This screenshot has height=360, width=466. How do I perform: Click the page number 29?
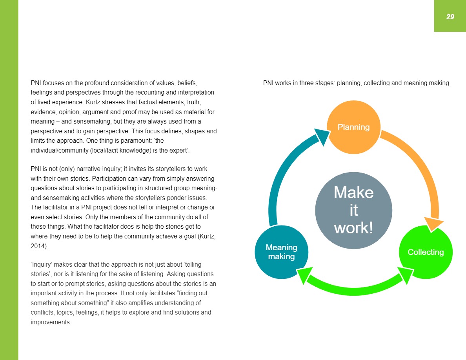coord(450,16)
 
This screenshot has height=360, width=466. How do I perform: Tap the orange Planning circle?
coord(354,127)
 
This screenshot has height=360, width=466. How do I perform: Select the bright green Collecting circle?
coord(426,252)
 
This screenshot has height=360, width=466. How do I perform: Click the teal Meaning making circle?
coord(281,252)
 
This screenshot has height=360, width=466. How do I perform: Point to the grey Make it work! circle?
coord(353,210)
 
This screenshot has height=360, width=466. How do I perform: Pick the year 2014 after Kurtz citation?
coord(38,246)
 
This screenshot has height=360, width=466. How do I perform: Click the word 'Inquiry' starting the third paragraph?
coord(42,265)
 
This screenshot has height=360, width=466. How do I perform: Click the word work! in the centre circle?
coord(353,227)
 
